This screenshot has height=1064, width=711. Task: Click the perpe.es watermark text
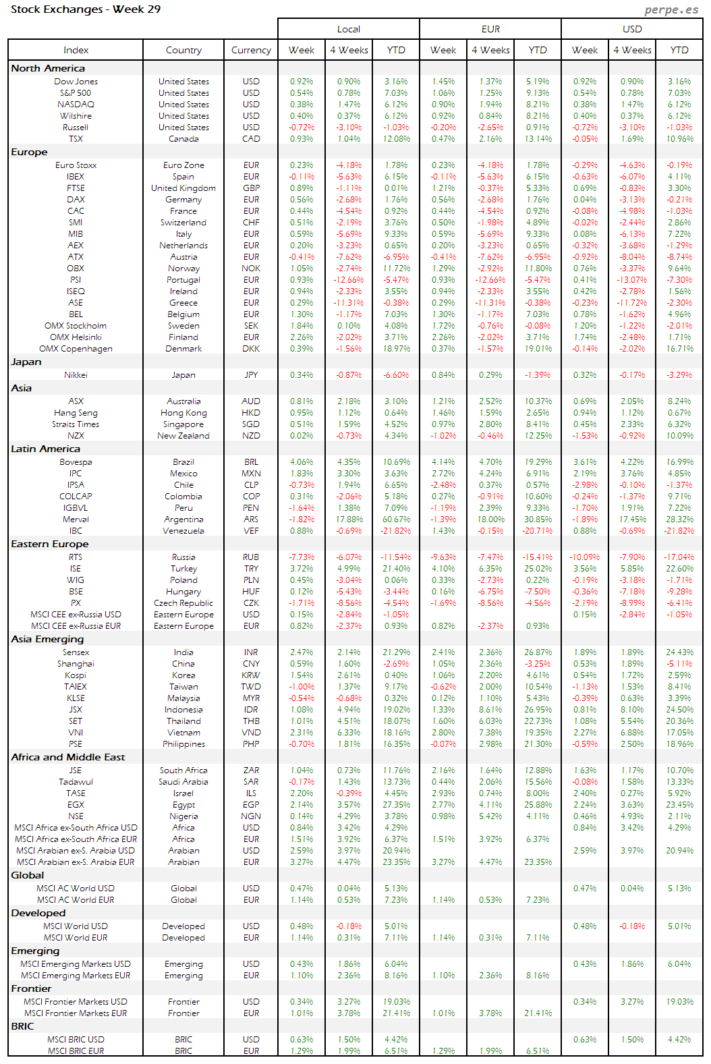click(x=671, y=9)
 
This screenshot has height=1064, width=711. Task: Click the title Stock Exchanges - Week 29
click(x=86, y=9)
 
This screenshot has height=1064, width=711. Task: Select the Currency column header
click(x=251, y=50)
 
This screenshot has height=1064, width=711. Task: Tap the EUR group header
click(x=490, y=29)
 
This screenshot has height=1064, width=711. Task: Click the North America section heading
click(x=48, y=68)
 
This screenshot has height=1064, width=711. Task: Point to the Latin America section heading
click(x=45, y=449)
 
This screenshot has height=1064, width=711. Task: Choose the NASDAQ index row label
click(x=76, y=105)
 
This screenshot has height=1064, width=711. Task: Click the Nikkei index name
click(x=76, y=375)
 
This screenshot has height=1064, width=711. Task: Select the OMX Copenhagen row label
click(x=76, y=349)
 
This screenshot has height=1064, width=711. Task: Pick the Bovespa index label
click(x=76, y=462)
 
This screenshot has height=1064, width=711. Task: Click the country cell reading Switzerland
click(x=183, y=223)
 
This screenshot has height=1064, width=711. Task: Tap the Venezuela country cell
click(x=183, y=531)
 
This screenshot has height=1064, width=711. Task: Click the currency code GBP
click(x=251, y=188)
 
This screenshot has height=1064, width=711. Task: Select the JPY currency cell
click(x=251, y=375)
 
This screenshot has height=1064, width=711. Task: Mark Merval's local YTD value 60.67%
click(x=396, y=520)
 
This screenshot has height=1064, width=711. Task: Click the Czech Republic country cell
click(x=183, y=603)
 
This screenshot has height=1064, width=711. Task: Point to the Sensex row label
click(x=76, y=652)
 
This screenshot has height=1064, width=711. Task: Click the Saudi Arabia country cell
click(x=183, y=782)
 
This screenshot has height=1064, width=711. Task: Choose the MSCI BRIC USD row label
click(x=76, y=1040)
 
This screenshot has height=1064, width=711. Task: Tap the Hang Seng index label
click(x=76, y=413)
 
